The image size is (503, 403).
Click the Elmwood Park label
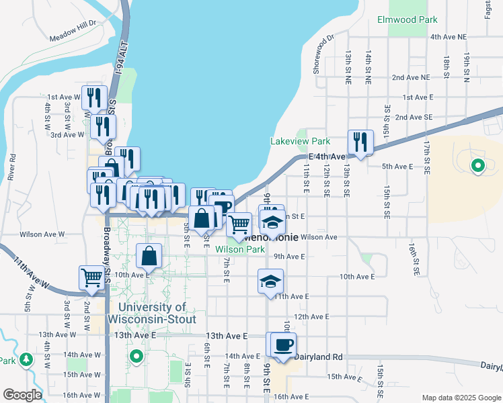point(408,20)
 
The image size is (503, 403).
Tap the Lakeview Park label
point(300,142)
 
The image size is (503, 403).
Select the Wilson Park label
point(240,249)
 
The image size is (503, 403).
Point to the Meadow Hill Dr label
point(73,32)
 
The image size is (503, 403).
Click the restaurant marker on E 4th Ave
point(360,142)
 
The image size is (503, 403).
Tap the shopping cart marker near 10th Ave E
point(91,276)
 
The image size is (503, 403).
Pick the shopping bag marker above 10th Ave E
point(149,255)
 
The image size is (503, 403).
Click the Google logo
point(22,395)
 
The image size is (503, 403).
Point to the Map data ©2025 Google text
point(461,398)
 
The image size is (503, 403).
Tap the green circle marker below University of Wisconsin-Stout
point(137,356)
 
